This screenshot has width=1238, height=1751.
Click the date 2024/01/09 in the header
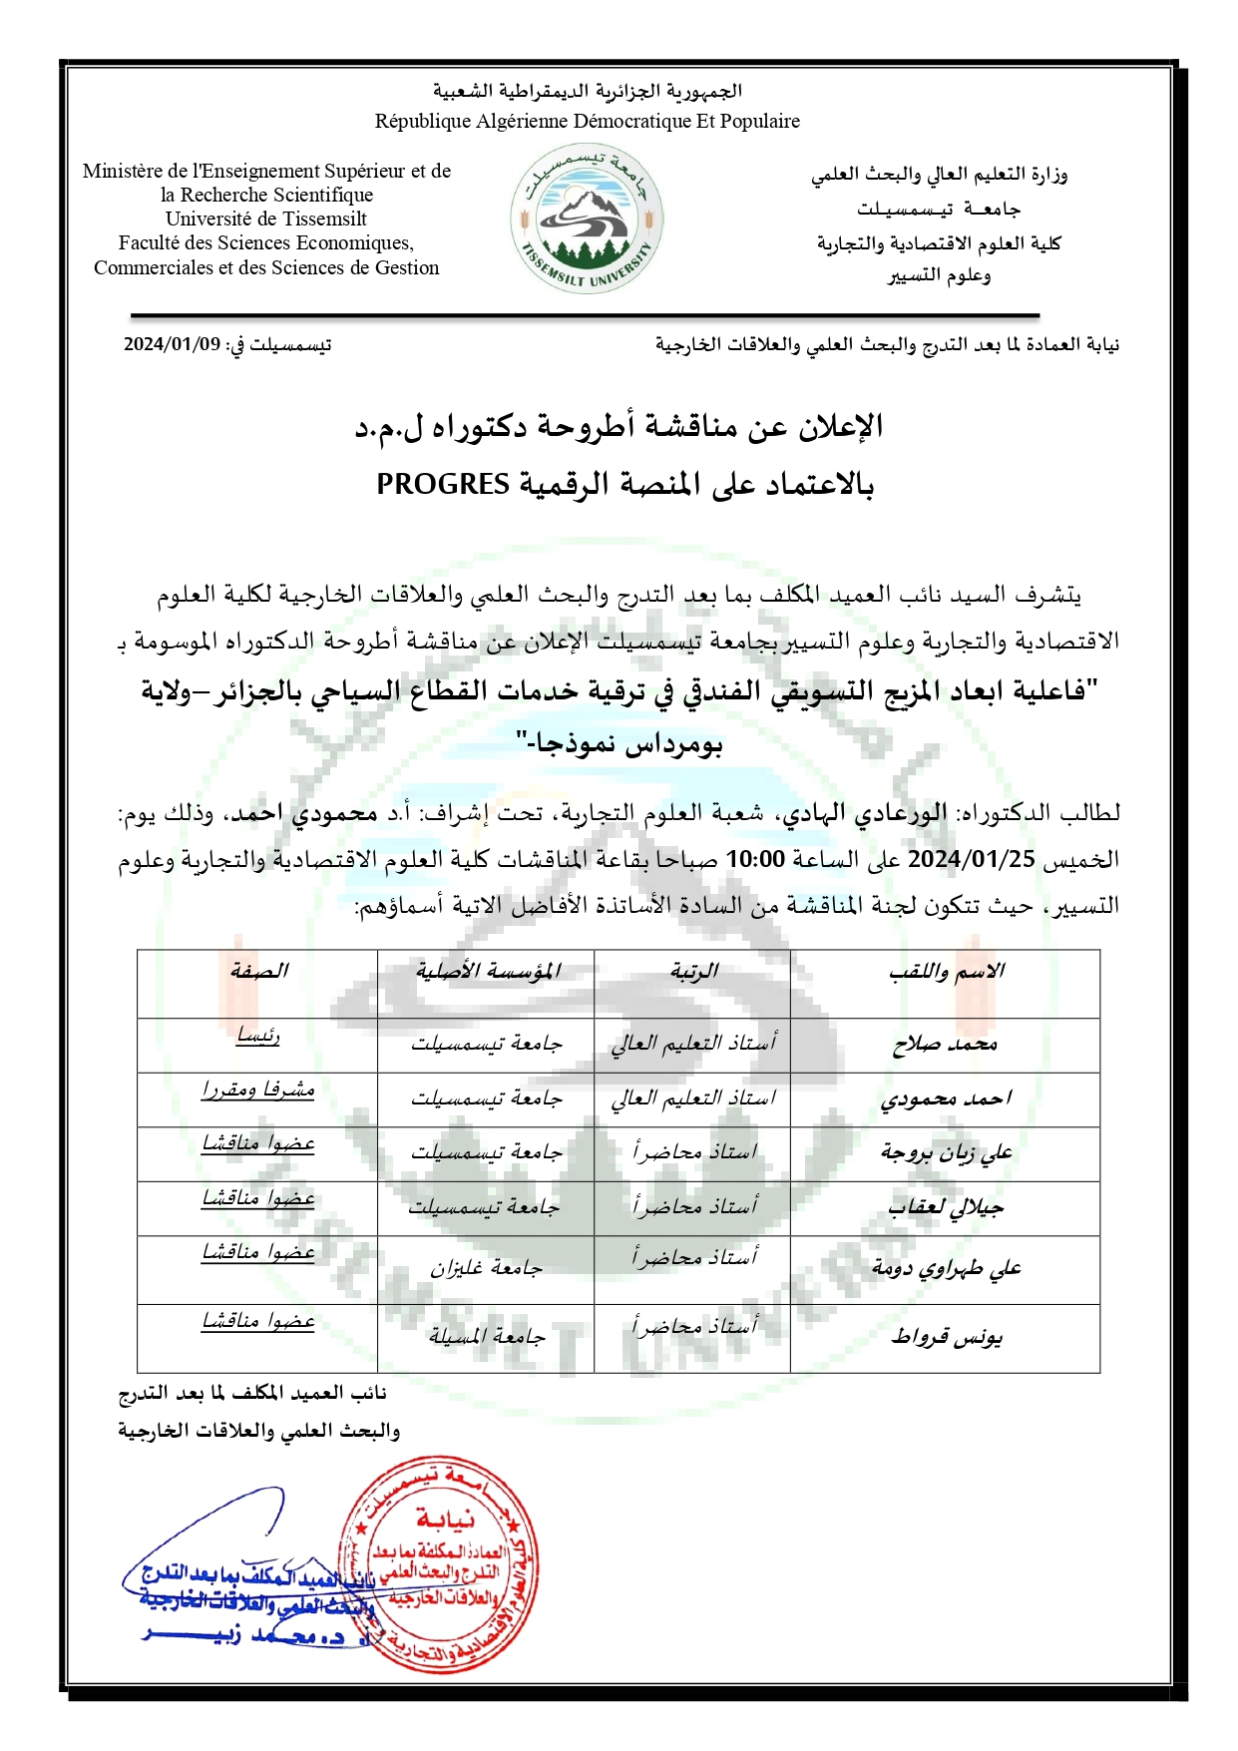coord(172,345)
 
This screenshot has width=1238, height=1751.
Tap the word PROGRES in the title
coord(443,485)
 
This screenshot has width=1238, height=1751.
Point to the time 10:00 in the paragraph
coord(754,859)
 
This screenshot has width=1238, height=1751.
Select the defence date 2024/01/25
coord(972,859)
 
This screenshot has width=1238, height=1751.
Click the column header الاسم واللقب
coord(946,972)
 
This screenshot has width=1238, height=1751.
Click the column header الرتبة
coord(693,972)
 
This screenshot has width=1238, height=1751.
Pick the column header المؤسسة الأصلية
coord(487,972)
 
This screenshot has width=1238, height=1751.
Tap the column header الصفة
coord(258,972)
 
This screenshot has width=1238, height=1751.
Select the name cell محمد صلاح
coord(945,1045)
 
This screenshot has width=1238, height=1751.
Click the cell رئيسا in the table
coord(258,1037)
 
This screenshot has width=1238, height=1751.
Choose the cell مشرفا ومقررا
coord(258,1091)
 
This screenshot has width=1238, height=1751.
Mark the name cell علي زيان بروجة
coord(946,1153)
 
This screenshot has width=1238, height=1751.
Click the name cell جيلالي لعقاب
coord(946,1208)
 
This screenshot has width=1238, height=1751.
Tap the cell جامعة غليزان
coord(487,1269)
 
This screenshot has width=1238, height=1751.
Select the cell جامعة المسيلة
coord(487,1337)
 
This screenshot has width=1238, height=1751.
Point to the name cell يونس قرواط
coord(946,1337)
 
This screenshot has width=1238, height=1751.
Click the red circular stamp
coord(439,1564)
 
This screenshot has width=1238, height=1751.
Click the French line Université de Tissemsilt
coord(266,219)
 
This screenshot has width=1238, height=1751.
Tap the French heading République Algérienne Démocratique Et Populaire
coord(587,122)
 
